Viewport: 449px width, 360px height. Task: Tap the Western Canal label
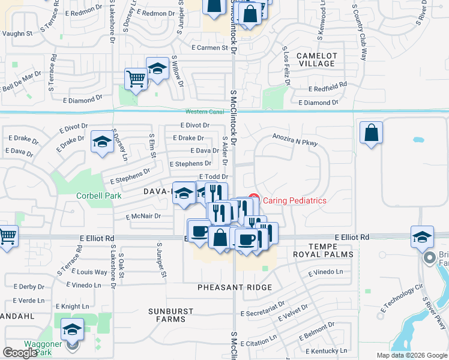tap(204, 112)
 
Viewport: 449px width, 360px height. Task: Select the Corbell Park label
tap(99, 196)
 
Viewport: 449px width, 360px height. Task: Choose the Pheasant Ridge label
tap(235, 288)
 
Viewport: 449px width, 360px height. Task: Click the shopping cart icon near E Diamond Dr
tap(136, 79)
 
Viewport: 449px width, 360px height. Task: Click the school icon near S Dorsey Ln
tap(102, 142)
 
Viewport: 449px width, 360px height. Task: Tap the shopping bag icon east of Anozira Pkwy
tap(372, 133)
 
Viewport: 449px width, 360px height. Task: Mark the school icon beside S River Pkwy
tap(422, 236)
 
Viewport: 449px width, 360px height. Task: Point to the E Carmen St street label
tap(207, 47)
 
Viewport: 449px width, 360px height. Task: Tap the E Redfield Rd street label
tap(327, 88)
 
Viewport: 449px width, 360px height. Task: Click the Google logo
tap(20, 353)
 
